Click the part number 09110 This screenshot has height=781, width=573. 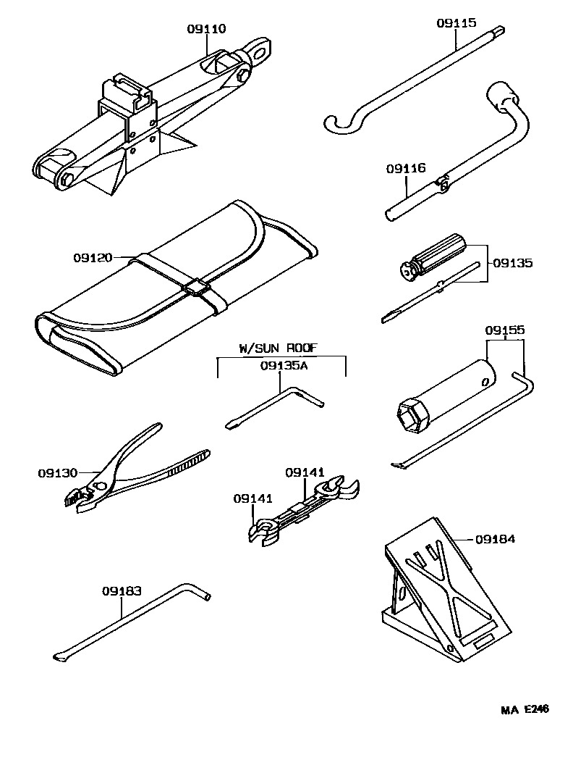point(206,29)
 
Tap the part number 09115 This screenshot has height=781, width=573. point(456,23)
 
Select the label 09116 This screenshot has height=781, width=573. point(405,168)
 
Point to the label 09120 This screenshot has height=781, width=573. point(92,257)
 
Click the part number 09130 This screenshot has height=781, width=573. point(57,473)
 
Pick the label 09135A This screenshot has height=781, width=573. point(284,366)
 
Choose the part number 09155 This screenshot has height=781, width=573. point(504,330)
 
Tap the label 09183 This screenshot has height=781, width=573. point(122,590)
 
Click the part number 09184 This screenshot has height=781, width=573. point(496,539)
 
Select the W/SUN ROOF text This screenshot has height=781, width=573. point(278,348)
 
